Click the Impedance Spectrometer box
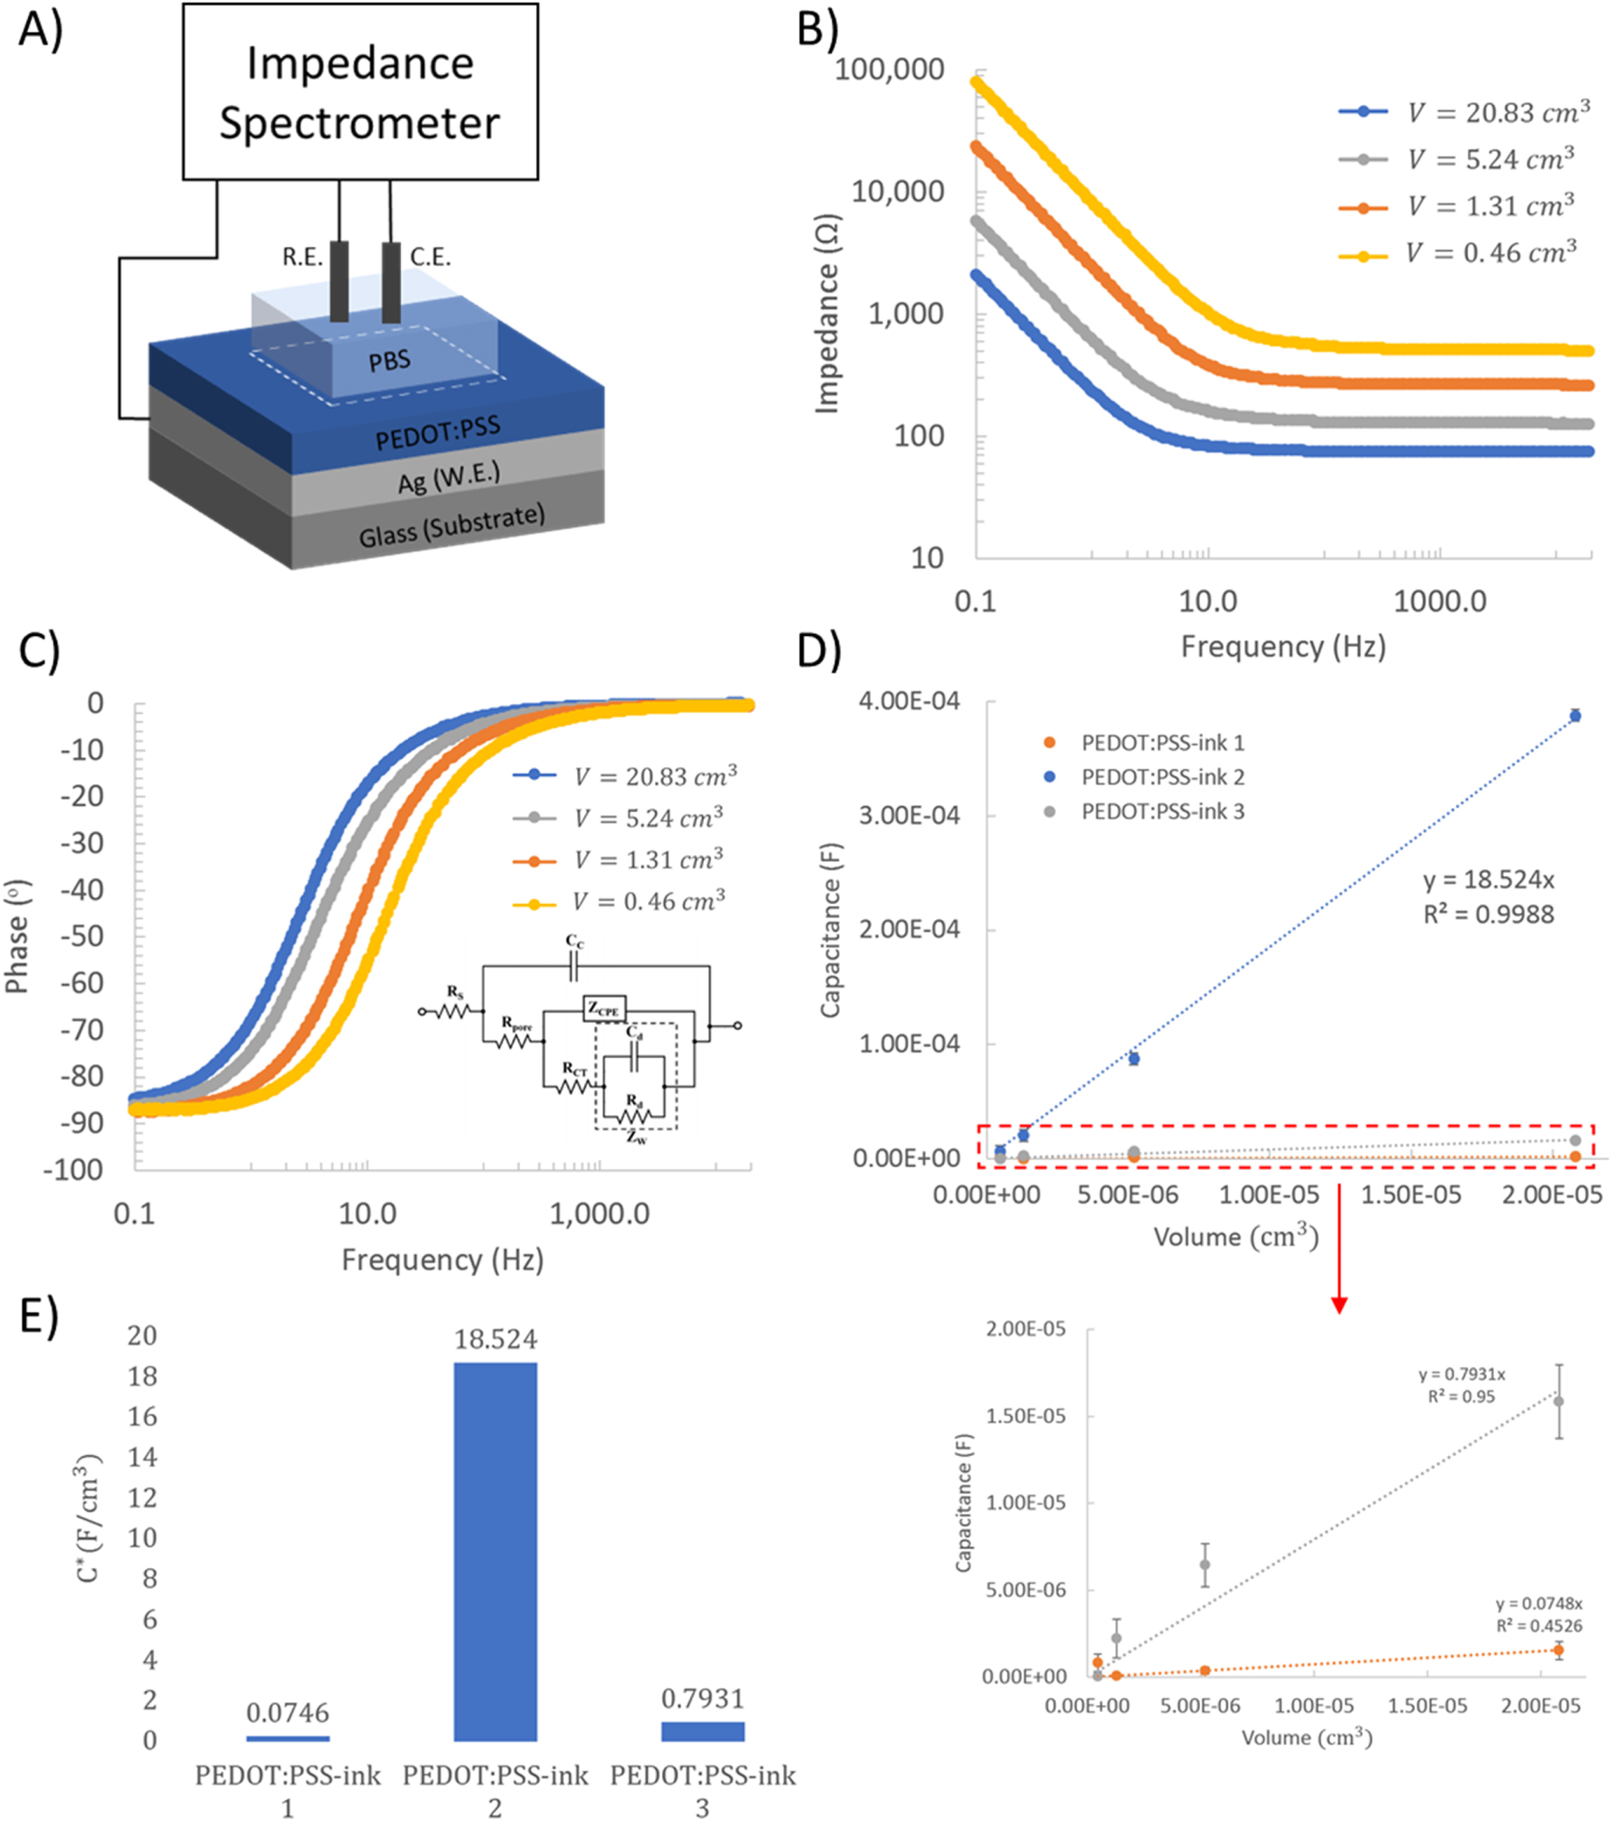click(x=360, y=92)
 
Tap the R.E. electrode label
click(x=302, y=258)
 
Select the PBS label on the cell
click(x=389, y=360)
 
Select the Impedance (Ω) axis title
click(x=828, y=314)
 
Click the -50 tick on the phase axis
click(x=82, y=937)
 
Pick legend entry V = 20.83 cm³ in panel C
click(x=654, y=776)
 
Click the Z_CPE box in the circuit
click(x=604, y=1010)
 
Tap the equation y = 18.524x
click(x=1488, y=881)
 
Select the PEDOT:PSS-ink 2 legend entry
click(x=1162, y=777)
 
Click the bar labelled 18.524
click(x=495, y=1550)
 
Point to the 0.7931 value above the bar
click(x=702, y=1699)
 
